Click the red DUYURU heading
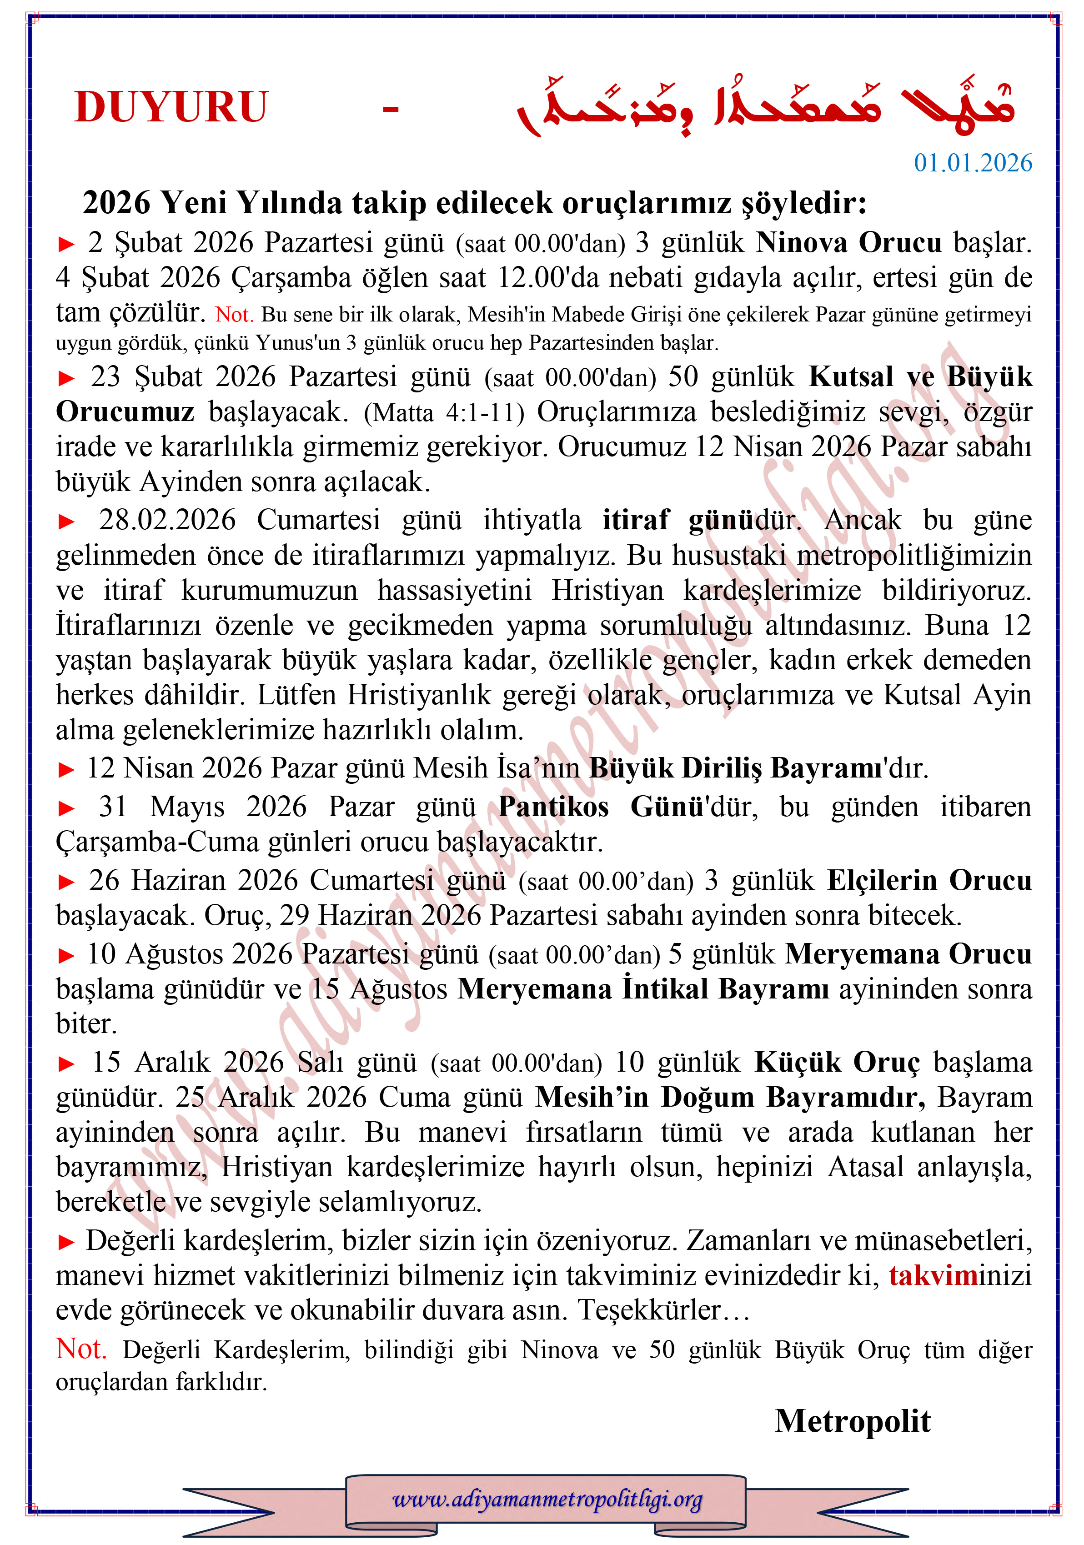click(x=171, y=107)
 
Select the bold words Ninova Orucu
click(x=848, y=243)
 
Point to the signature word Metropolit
click(x=853, y=1421)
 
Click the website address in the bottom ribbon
click(x=547, y=1499)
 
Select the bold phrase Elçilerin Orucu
click(x=928, y=880)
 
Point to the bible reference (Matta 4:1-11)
click(x=443, y=412)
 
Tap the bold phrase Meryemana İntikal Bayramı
click(x=643, y=989)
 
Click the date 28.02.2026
click(x=167, y=520)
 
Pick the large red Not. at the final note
click(x=81, y=1349)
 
